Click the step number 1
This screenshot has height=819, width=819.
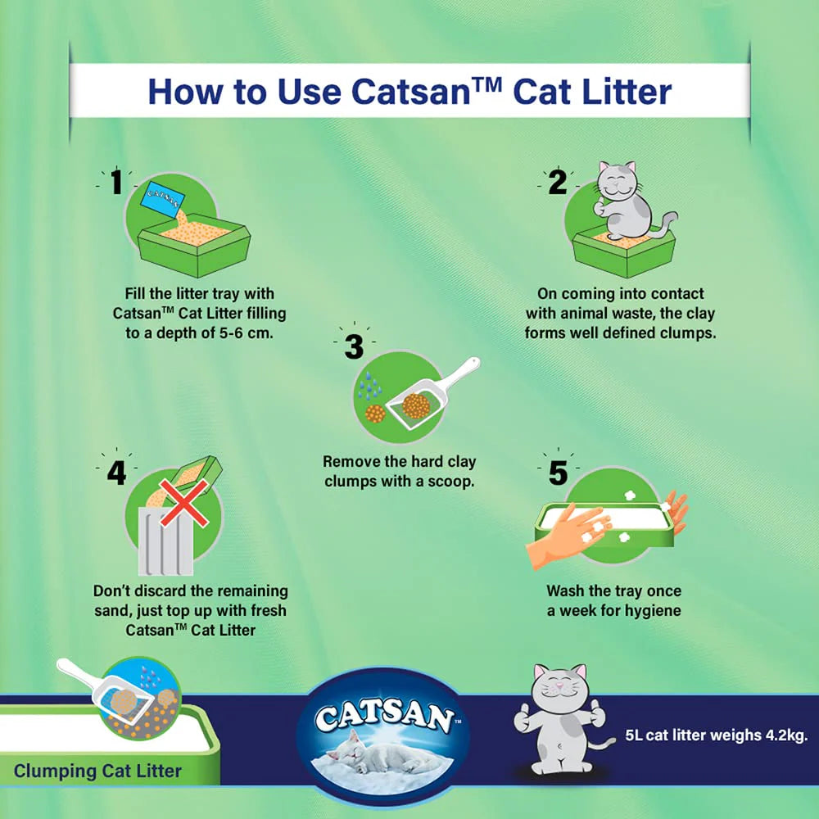(116, 182)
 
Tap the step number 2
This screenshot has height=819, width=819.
(558, 182)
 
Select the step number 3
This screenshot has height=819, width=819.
(354, 346)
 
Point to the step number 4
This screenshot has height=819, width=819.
(116, 473)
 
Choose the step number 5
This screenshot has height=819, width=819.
(558, 473)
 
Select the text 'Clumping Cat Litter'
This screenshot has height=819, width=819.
(97, 771)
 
